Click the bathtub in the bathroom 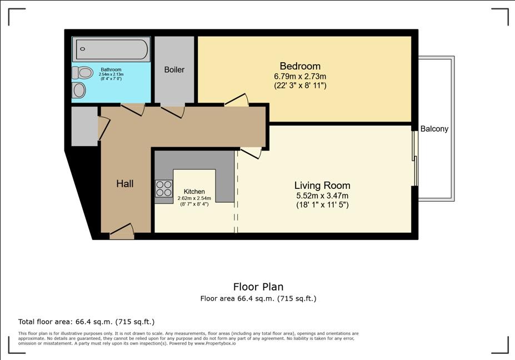click(111, 49)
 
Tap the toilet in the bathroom click(82, 73)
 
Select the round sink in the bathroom click(79, 91)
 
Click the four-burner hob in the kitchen click(164, 188)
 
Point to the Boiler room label click(174, 69)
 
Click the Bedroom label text click(300, 66)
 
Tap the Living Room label click(322, 186)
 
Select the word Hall click(125, 184)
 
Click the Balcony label click(434, 129)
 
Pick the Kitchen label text click(194, 192)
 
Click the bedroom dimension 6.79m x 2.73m click(300, 77)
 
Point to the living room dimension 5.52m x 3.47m click(322, 196)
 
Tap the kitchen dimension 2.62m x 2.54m click(194, 198)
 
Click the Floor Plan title click(258, 287)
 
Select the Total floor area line click(86, 322)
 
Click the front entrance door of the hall click(122, 231)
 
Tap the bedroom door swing click(237, 100)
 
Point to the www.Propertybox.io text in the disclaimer click(215, 343)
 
